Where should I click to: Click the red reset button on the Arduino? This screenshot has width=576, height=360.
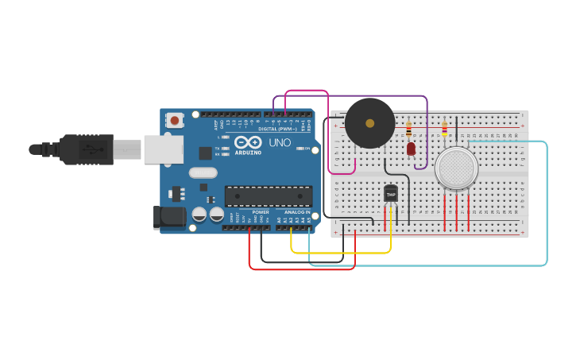174,120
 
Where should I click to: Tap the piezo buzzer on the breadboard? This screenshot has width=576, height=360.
369,123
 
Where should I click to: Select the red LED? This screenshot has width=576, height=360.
411,149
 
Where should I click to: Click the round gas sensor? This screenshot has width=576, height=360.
456,168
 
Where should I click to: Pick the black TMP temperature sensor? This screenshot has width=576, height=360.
391,193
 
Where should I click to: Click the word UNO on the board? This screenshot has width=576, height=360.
280,143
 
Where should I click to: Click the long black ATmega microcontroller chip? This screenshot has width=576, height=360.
268,196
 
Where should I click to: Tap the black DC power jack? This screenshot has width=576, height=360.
168,216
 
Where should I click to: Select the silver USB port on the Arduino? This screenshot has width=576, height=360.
163,149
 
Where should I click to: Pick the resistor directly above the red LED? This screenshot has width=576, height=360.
409,128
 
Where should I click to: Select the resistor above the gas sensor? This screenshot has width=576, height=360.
444,128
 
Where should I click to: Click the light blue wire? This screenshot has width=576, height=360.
547,207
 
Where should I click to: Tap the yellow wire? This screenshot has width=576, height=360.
342,253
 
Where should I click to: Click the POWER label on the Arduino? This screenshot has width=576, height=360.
261,212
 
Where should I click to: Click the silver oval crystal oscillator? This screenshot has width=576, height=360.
203,172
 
